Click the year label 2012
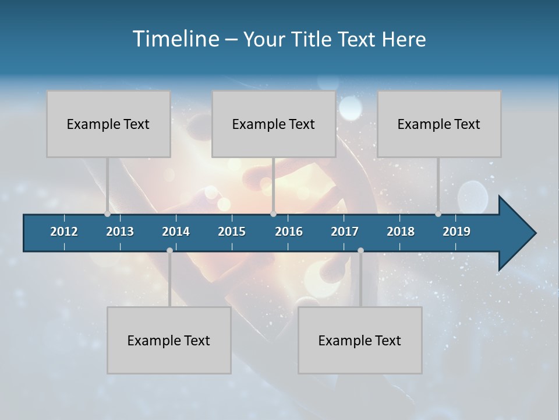64,232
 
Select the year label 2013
120,232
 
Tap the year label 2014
176,232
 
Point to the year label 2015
232,232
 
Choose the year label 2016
289,232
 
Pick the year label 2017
345,232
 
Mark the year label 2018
401,232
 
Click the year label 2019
457,232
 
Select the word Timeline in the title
175,39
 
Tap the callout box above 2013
108,124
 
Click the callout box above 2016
274,124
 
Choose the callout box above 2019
439,124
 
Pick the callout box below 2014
169,340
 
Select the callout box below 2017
360,340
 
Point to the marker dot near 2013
107,214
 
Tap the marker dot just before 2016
273,214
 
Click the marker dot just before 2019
438,214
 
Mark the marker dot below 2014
169,250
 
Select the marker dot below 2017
360,250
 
